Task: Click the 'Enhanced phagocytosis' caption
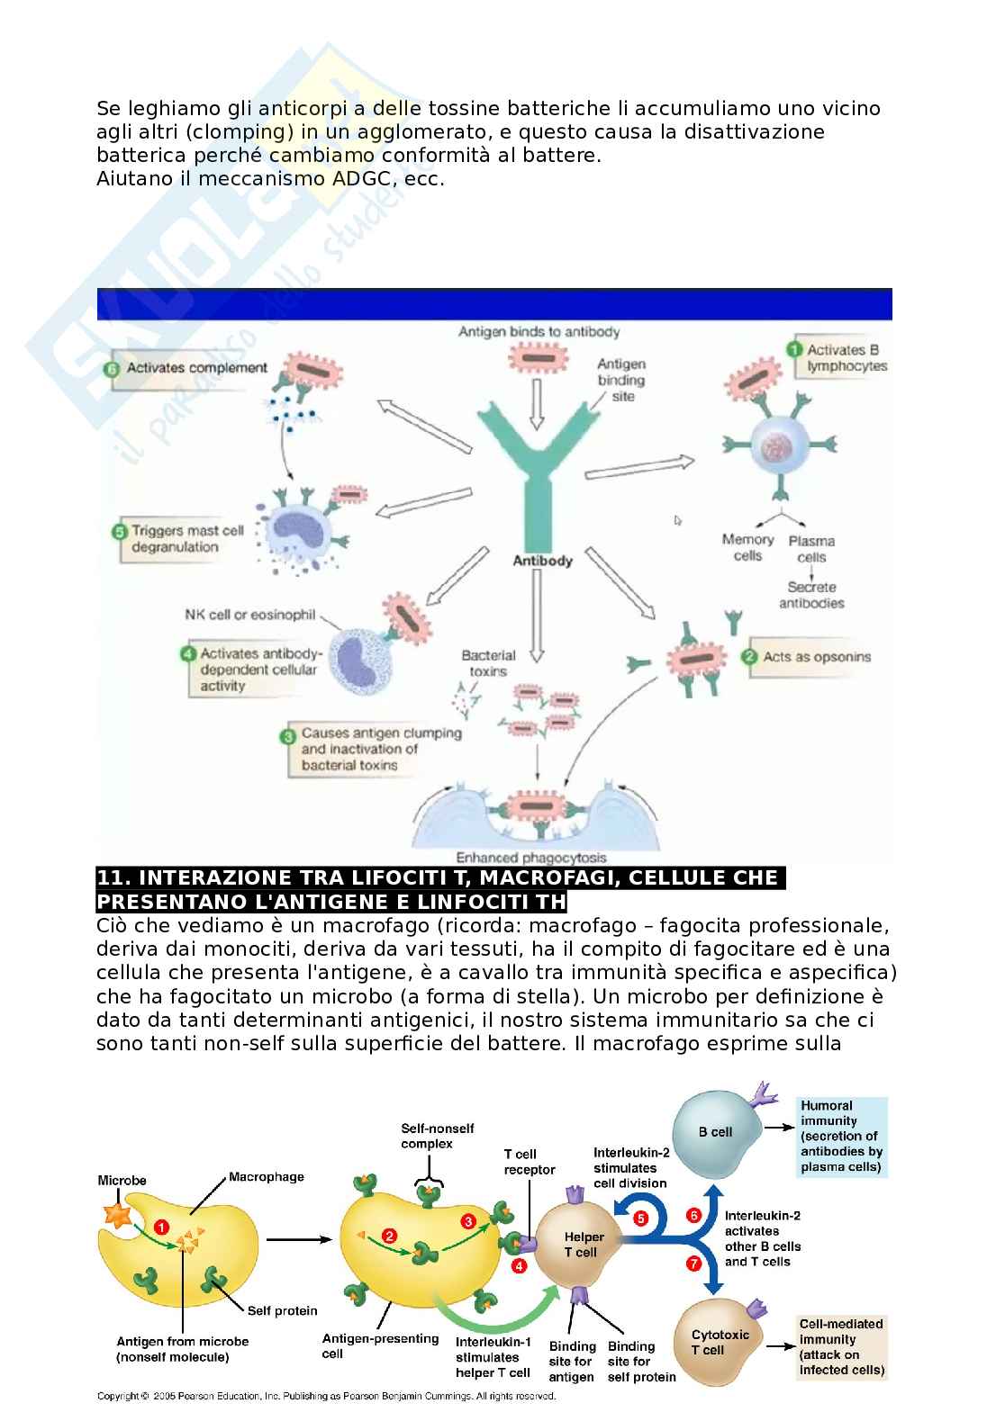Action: pos(531,858)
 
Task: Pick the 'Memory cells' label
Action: pos(747,547)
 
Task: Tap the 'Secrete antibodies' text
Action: pos(811,595)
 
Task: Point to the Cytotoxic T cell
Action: pos(720,1342)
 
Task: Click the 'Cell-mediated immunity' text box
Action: pos(842,1347)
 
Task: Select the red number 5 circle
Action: pos(641,1218)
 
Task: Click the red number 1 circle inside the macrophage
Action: pos(161,1226)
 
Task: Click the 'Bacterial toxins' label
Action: pos(488,662)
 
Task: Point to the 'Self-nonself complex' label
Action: pos(438,1136)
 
